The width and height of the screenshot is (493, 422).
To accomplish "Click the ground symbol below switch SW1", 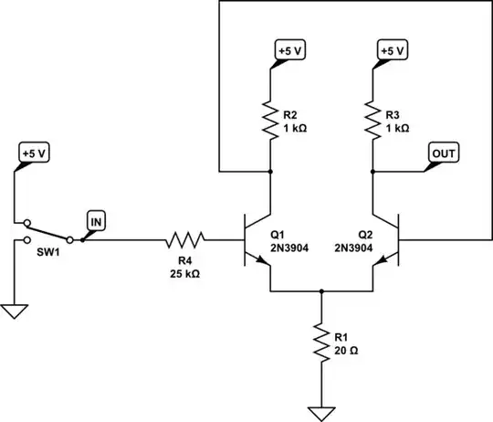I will pyautogui.click(x=14, y=311).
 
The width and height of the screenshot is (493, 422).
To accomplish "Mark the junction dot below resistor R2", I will pyautogui.click(x=271, y=171).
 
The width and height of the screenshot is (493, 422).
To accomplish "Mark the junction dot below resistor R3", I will pyautogui.click(x=372, y=171).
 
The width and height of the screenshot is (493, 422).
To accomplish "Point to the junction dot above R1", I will pyautogui.click(x=321, y=292).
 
